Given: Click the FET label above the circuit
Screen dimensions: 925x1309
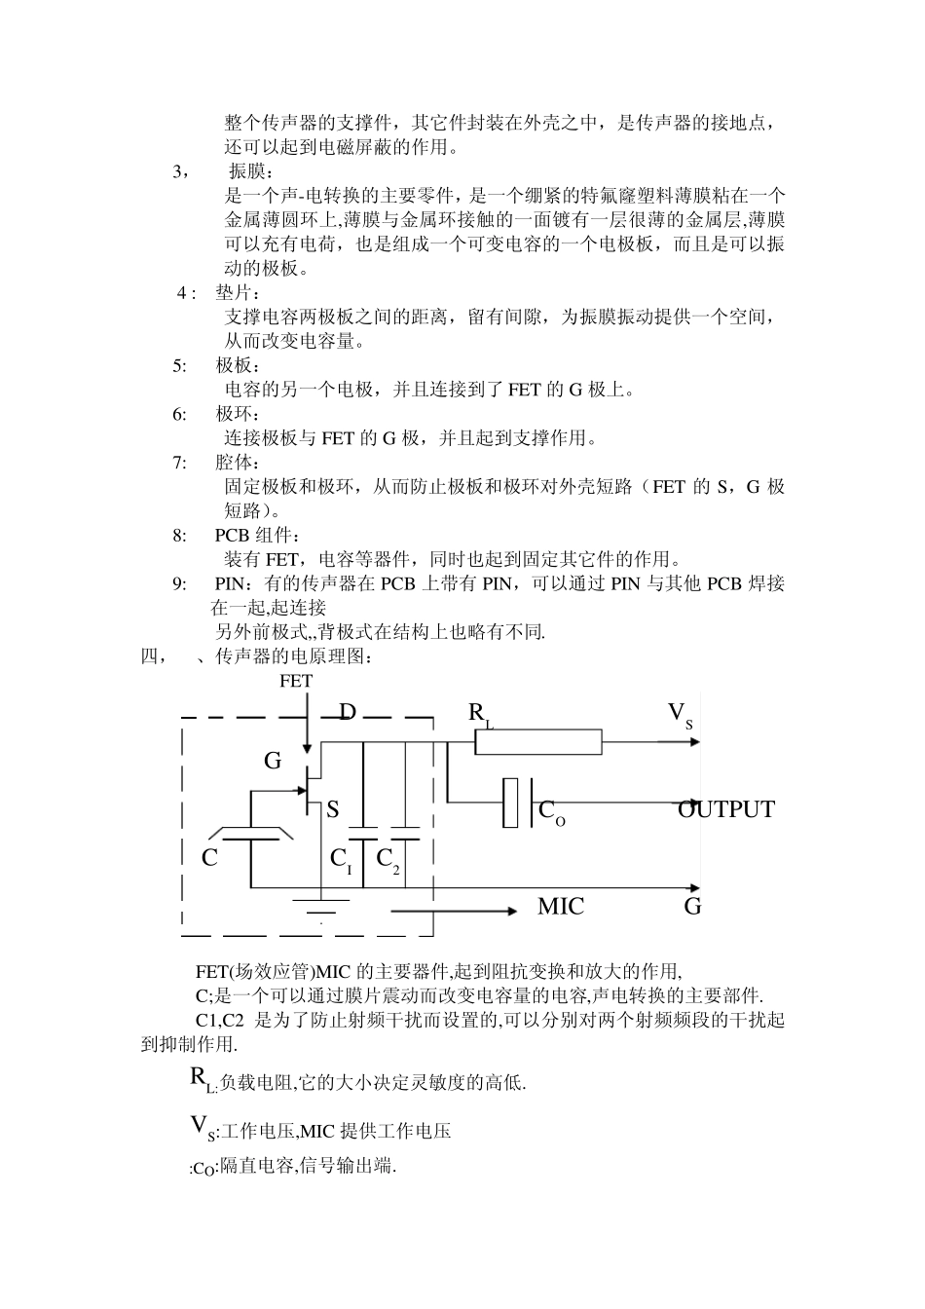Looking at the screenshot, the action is [x=296, y=681].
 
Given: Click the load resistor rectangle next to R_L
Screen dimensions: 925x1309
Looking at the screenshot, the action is [x=538, y=743].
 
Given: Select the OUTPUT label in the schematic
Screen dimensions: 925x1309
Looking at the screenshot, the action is [x=726, y=809].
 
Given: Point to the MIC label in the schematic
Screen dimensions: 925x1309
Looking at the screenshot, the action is [x=561, y=907].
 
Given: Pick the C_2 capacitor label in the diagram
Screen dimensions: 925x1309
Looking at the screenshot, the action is [x=388, y=859].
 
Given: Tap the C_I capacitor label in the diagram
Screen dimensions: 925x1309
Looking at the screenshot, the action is [x=341, y=859].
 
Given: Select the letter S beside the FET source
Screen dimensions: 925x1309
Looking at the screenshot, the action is [x=333, y=809].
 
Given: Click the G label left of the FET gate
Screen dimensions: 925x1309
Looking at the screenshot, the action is [x=273, y=761].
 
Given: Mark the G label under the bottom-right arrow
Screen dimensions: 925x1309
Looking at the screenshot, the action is [x=692, y=907].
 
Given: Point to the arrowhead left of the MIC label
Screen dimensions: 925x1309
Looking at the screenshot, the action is [x=510, y=912].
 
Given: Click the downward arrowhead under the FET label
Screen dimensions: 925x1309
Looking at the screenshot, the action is [x=308, y=748].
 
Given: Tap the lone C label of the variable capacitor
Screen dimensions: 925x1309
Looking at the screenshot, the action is [x=209, y=859].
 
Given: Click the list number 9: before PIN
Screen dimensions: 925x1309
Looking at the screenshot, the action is [x=180, y=583].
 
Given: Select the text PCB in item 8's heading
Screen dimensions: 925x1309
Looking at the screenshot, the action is [x=233, y=536].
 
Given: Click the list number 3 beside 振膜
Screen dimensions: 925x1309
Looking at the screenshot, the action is [x=179, y=171].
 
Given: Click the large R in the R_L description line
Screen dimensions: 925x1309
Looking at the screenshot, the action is [x=197, y=1077].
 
